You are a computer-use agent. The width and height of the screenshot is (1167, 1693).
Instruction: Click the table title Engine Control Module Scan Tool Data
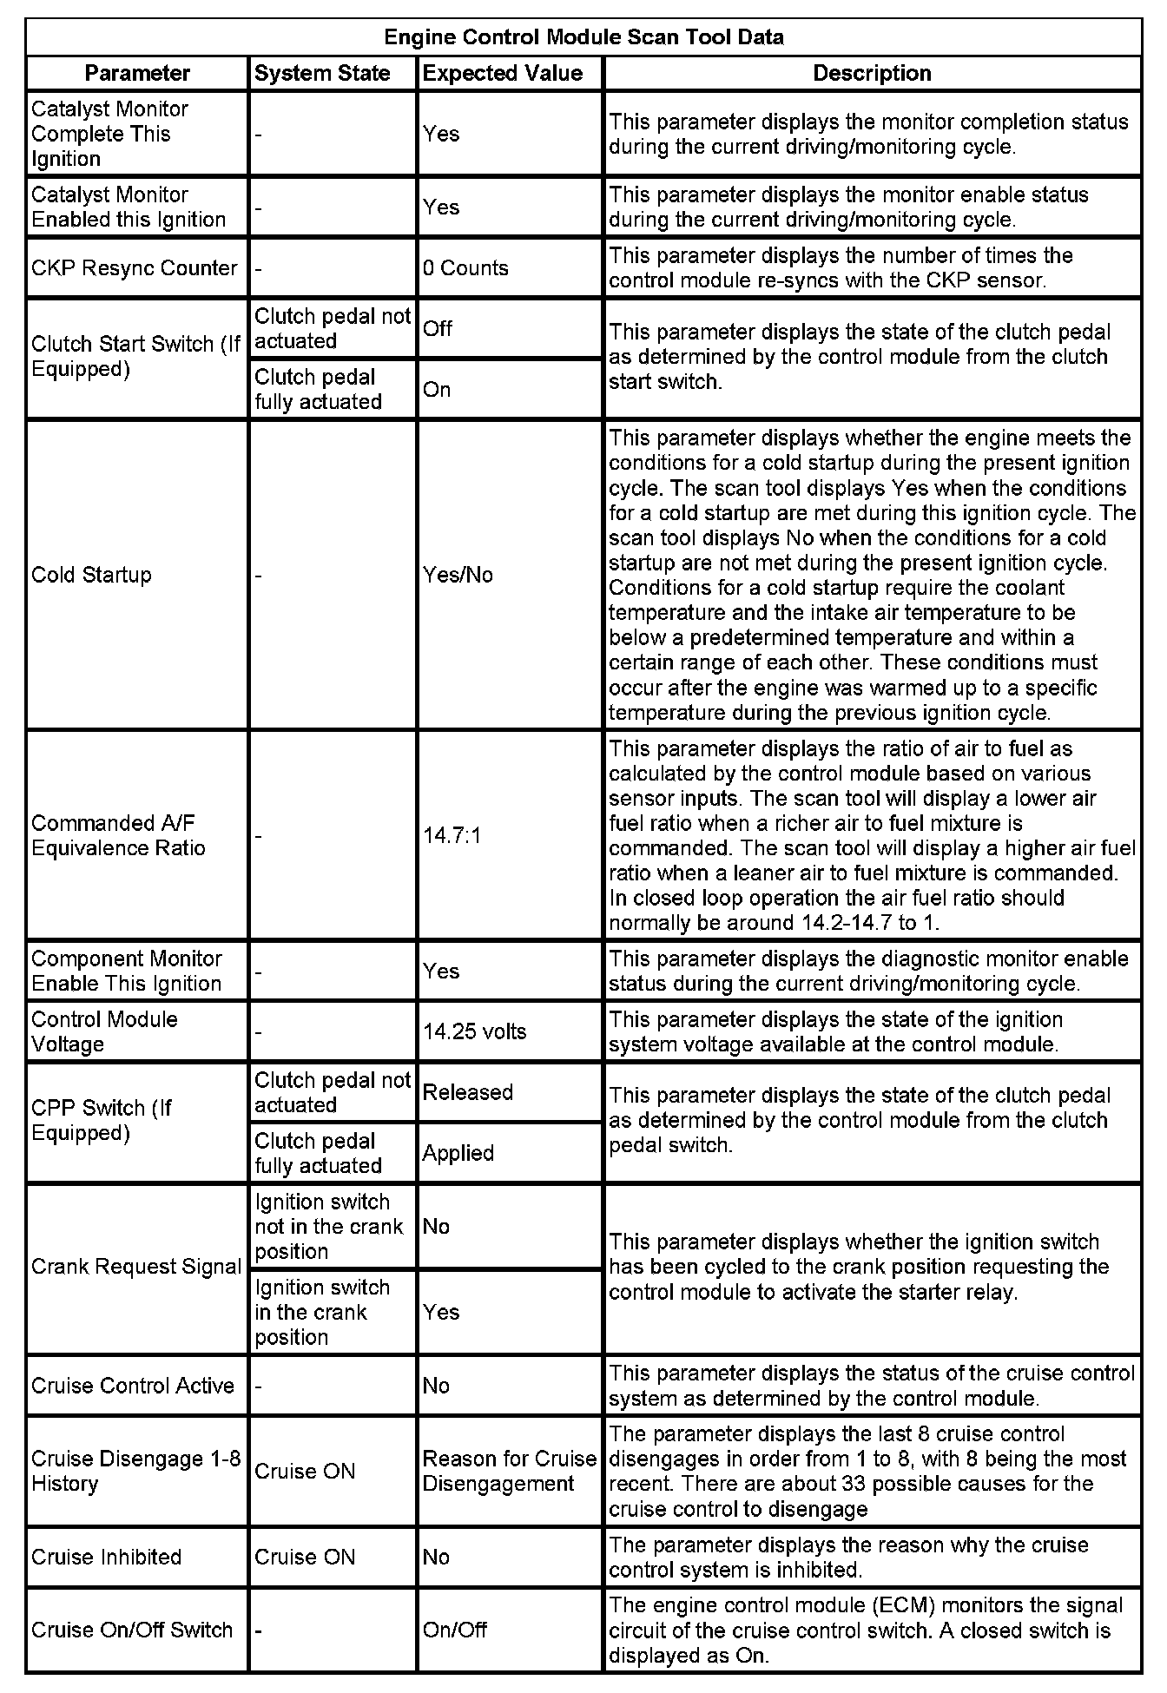[x=583, y=37]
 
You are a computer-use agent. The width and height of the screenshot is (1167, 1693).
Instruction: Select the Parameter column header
[x=137, y=73]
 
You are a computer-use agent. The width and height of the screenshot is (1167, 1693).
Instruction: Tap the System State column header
[x=322, y=73]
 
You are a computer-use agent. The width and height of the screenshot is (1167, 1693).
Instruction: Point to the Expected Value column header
[x=502, y=73]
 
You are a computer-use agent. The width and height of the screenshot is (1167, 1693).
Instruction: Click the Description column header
[x=872, y=73]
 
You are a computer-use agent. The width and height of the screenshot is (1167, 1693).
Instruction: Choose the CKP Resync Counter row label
[x=134, y=268]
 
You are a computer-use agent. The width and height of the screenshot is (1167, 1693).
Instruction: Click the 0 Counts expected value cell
[x=465, y=268]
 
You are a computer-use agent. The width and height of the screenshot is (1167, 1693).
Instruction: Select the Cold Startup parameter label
[x=91, y=575]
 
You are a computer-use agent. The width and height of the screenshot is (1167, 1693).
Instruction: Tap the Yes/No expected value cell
[x=458, y=575]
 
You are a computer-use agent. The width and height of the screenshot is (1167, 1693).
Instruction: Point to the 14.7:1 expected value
[x=452, y=836]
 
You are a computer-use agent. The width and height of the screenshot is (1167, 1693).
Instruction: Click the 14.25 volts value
[x=474, y=1031]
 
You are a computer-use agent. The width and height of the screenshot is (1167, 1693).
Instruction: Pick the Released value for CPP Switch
[x=467, y=1092]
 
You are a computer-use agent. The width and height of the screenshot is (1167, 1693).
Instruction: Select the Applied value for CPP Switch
[x=458, y=1153]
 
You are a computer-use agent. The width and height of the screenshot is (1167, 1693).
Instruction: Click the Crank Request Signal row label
[x=135, y=1267]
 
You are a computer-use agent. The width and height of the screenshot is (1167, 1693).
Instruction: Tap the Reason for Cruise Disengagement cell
[x=509, y=1471]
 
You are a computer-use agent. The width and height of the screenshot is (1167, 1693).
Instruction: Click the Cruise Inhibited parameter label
[x=106, y=1557]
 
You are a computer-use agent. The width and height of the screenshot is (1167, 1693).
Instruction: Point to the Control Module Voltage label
[x=104, y=1031]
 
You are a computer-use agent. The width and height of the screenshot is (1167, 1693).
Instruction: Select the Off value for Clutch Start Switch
[x=438, y=328]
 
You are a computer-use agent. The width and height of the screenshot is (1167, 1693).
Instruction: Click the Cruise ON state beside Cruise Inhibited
[x=305, y=1557]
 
